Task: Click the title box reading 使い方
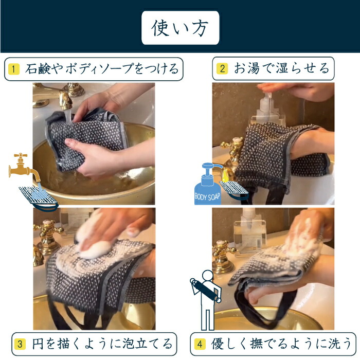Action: click(180, 28)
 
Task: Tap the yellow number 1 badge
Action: click(13, 69)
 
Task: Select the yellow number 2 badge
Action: click(222, 68)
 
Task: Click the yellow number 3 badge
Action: click(20, 344)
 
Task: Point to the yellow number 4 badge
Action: click(200, 344)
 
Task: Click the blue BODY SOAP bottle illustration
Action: click(208, 184)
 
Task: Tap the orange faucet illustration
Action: click(24, 167)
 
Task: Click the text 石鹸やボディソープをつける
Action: click(102, 69)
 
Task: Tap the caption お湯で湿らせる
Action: click(281, 68)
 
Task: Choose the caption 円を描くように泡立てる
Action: click(102, 344)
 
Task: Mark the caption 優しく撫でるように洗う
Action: click(281, 344)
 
